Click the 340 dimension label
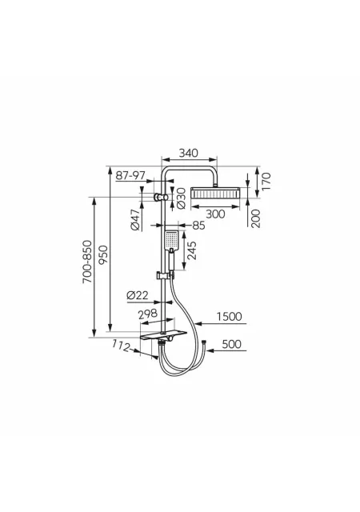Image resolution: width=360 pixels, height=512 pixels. pyautogui.click(x=189, y=153)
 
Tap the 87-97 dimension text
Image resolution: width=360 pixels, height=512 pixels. pyautogui.click(x=130, y=175)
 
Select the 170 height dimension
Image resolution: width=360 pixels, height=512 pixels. pyautogui.click(x=266, y=182)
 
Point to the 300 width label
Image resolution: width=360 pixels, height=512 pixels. pyautogui.click(x=215, y=214)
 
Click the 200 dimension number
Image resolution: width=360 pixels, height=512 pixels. pyautogui.click(x=256, y=218)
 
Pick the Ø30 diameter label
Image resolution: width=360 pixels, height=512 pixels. pyautogui.click(x=181, y=198)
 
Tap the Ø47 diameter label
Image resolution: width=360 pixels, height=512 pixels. pyautogui.click(x=135, y=220)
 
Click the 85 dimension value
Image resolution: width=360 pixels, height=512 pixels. pyautogui.click(x=198, y=226)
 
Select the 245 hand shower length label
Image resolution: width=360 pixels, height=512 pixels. pyautogui.click(x=192, y=250)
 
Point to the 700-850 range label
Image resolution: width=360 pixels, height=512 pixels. pyautogui.click(x=87, y=262)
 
